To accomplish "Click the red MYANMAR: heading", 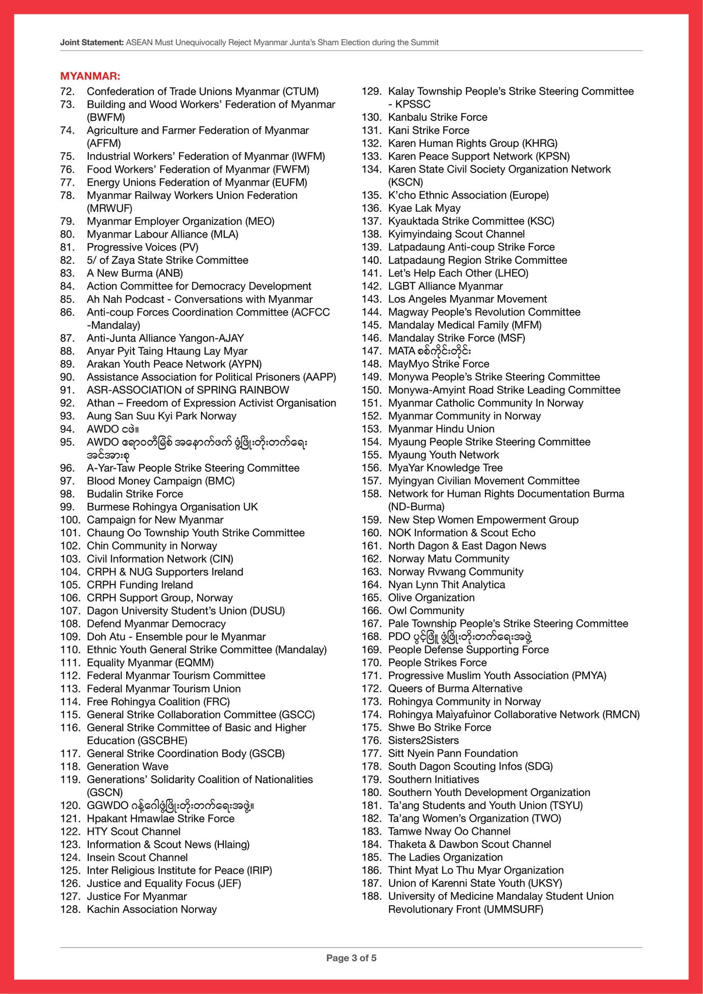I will click(x=90, y=76).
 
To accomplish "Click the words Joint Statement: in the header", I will click(x=92, y=43).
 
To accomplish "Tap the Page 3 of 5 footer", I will click(x=351, y=958).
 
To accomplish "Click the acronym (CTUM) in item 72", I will click(x=301, y=91).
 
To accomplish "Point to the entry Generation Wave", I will click(x=127, y=766).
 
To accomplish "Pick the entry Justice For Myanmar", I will click(x=136, y=896).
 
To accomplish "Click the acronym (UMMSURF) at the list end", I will click(x=514, y=910).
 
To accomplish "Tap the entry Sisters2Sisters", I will click(x=423, y=740).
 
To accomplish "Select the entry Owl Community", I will click(x=426, y=611).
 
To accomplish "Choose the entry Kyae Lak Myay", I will click(x=424, y=208).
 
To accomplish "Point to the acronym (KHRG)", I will click(x=539, y=143).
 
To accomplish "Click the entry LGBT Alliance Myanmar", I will click(x=445, y=286).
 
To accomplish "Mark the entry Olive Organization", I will click(x=431, y=597).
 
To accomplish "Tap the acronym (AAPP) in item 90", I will click(x=319, y=377).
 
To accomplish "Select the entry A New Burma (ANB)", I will click(x=134, y=273).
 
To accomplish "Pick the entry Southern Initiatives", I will click(x=433, y=779).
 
